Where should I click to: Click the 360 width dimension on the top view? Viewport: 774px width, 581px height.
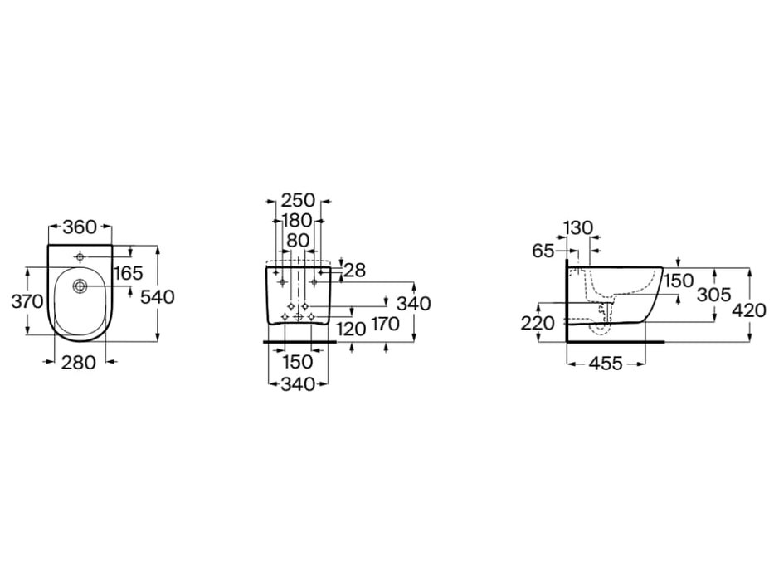[80, 227]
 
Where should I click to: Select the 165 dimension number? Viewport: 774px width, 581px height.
[128, 273]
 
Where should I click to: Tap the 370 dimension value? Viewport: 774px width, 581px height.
[27, 300]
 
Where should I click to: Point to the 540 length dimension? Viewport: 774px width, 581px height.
[158, 297]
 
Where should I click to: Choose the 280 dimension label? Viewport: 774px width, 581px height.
[79, 363]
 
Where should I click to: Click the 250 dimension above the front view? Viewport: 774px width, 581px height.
[298, 201]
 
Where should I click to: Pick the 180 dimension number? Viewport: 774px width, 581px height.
[297, 221]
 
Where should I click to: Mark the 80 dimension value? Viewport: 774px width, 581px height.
[298, 241]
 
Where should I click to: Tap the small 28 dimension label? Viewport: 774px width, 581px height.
[354, 271]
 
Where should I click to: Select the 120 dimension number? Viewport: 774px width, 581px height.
[351, 329]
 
